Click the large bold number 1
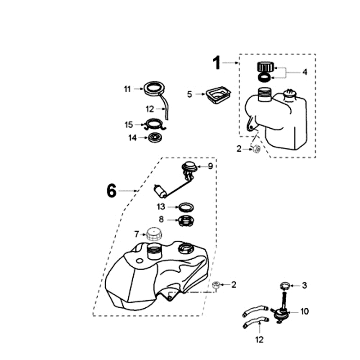coord(217,63)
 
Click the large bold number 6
coord(111,191)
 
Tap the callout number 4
coord(305,72)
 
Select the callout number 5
coord(189,94)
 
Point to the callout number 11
coord(127,89)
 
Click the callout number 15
coord(129,125)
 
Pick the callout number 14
coord(132,138)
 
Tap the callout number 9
coord(210,166)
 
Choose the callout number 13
coord(161,207)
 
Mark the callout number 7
coord(137,234)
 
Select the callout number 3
coord(305,285)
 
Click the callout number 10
coord(305,311)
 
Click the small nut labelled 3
coord(284,285)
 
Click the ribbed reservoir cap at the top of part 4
coord(264,67)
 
